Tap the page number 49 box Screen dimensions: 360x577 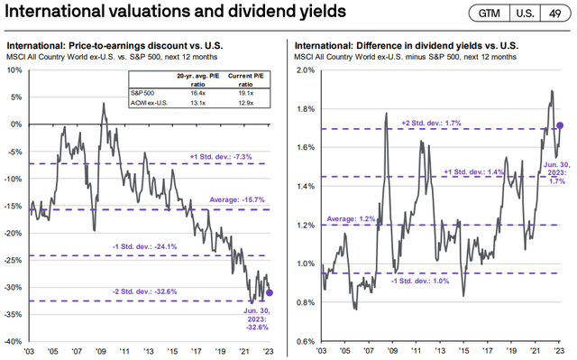(x=555, y=15)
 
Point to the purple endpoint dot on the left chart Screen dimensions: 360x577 (x=270, y=292)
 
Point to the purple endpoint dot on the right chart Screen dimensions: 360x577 (x=561, y=125)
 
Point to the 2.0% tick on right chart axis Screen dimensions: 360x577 (x=307, y=69)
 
